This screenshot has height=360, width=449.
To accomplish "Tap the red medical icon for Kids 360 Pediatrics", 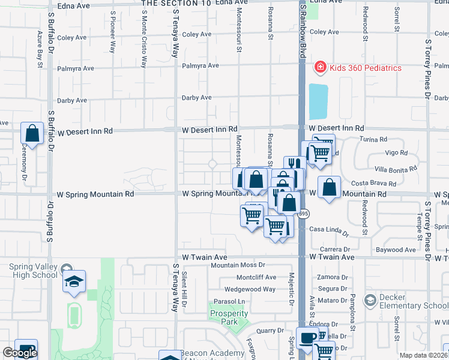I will pyautogui.click(x=321, y=68).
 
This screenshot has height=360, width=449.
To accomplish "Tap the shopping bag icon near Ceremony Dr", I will pyautogui.click(x=32, y=134).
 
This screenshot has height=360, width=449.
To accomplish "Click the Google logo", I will pyautogui.click(x=20, y=353).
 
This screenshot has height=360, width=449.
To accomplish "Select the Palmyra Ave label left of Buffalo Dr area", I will pyautogui.click(x=76, y=68).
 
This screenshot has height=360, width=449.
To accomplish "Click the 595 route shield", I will pyautogui.click(x=304, y=213).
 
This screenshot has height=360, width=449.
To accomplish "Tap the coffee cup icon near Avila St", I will pyautogui.click(x=308, y=338).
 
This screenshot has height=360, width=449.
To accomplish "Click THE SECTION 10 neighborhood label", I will pyautogui.click(x=176, y=3).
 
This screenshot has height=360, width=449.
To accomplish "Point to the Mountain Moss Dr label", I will pyautogui.click(x=237, y=265).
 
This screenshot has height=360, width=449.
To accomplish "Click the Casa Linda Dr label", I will pyautogui.click(x=329, y=230).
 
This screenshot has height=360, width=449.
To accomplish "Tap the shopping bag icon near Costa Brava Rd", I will pyautogui.click(x=329, y=187).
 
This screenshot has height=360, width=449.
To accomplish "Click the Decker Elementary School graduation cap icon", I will pyautogui.click(x=370, y=299).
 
